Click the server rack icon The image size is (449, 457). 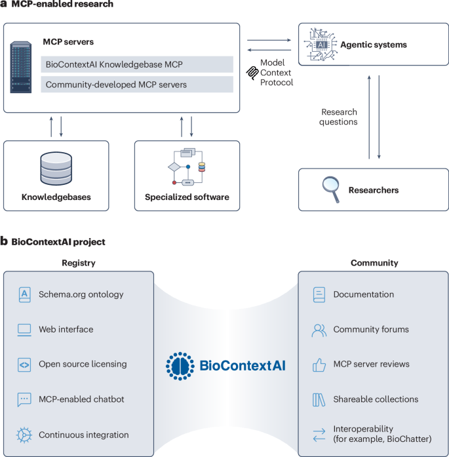21,67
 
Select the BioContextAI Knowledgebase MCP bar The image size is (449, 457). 137,64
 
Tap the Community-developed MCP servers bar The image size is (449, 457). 137,85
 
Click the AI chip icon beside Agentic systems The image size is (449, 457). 321,45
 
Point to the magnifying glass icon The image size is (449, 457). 331,189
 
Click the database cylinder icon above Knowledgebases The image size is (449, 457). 56,169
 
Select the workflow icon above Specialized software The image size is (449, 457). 186,167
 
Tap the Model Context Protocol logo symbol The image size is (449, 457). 252,73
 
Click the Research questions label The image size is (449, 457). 338,117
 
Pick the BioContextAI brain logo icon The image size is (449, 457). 180,366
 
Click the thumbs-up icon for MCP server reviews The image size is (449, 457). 319,365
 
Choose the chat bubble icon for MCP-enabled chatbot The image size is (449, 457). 24,399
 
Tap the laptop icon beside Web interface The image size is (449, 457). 24,330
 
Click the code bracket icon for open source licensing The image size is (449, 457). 24,365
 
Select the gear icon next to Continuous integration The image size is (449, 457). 24,435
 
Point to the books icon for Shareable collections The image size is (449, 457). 319,400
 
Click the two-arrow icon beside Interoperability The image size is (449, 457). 319,435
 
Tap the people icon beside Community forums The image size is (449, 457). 319,330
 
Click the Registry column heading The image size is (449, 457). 79,263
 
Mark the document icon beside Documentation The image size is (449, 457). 319,294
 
